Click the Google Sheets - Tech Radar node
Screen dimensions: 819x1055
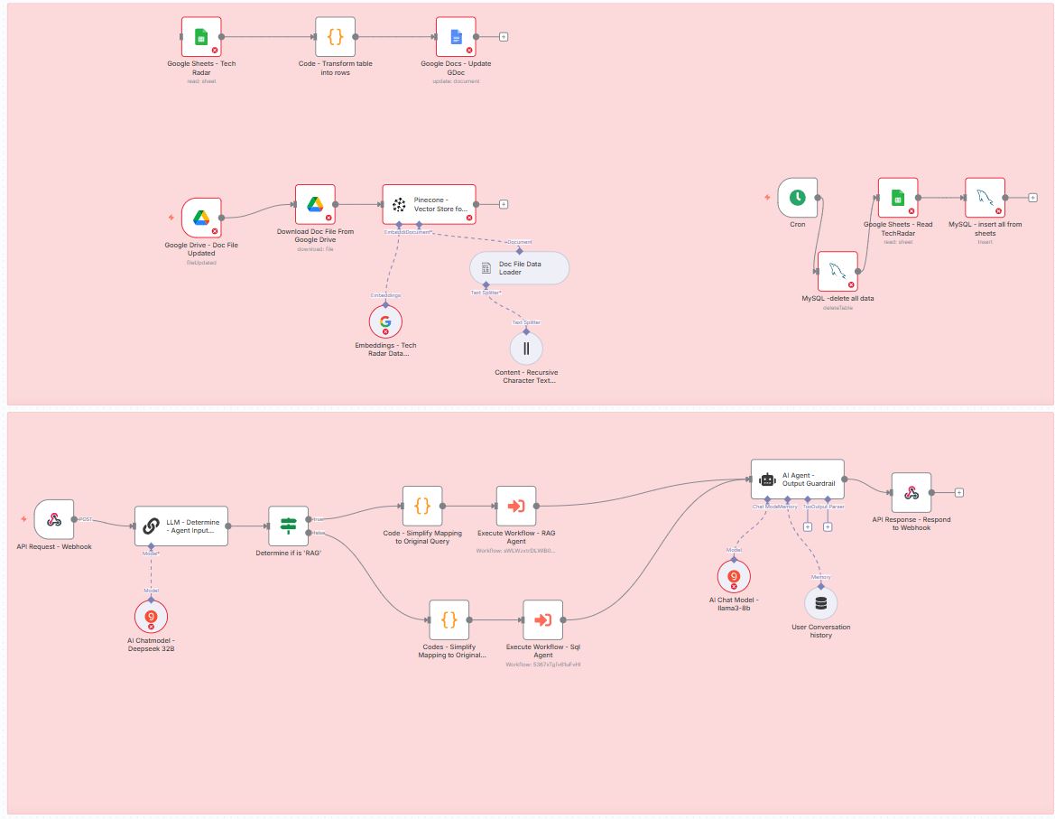[x=200, y=37]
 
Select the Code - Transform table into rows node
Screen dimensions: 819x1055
[x=335, y=37]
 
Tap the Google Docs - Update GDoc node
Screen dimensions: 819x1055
[x=456, y=37]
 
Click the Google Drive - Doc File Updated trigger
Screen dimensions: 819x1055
[x=201, y=218]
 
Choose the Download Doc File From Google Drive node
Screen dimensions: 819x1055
[x=315, y=205]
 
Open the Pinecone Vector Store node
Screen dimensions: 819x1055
[x=429, y=205]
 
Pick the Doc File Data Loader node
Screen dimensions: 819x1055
[x=520, y=268]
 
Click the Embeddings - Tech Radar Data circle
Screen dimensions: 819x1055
[x=385, y=321]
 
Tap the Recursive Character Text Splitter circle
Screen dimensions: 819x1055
[x=526, y=348]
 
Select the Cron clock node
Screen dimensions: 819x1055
[x=797, y=198]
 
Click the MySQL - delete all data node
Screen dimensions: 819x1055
[x=838, y=271]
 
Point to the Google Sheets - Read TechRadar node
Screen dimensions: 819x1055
[x=898, y=198]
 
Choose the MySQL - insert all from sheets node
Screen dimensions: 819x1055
[x=985, y=198]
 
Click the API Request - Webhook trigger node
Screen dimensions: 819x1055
[x=54, y=519]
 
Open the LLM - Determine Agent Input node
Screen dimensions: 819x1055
[x=182, y=526]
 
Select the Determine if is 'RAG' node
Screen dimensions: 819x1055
[x=289, y=526]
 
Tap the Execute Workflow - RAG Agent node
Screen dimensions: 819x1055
[x=516, y=507]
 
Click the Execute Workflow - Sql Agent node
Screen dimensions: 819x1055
[x=542, y=620]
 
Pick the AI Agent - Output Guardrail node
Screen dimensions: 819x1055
[x=798, y=479]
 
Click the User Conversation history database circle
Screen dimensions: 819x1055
[x=820, y=603]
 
